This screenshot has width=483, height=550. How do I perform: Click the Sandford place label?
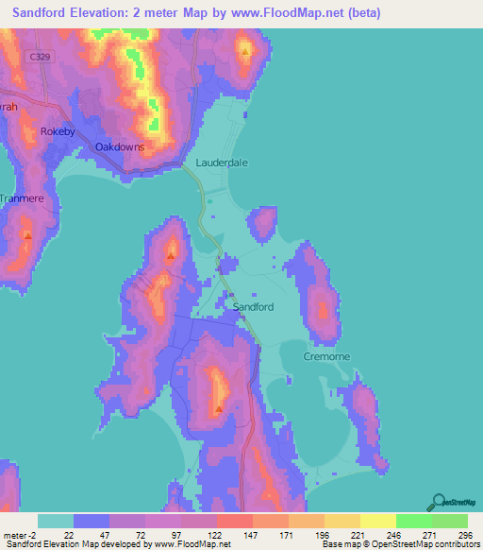pos(253,307)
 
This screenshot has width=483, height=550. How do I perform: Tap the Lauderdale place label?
pos(222,163)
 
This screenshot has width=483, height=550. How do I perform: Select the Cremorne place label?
pos(327,356)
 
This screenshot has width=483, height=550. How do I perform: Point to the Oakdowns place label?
pos(120,146)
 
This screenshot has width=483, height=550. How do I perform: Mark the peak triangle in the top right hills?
pos(245,52)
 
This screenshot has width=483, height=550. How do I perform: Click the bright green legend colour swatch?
pos(414,522)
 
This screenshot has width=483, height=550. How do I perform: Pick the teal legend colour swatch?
pos(56,522)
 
